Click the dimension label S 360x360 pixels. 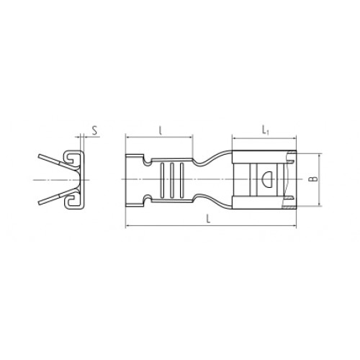coord(95,131)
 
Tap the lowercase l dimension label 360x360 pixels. coord(161,130)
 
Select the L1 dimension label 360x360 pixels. coord(265,130)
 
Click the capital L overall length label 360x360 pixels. coord(209,219)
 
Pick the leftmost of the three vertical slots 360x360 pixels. coord(162,181)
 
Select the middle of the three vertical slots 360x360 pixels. coord(171,181)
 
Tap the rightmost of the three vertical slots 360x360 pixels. coord(181,181)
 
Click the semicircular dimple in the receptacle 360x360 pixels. coord(267,179)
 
